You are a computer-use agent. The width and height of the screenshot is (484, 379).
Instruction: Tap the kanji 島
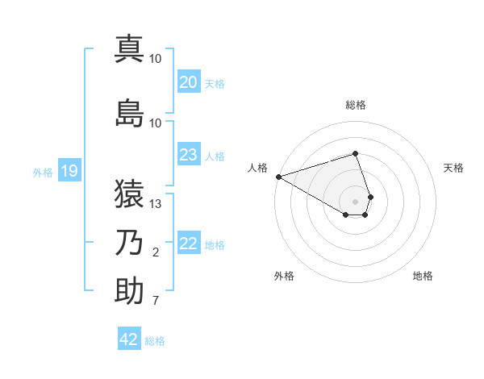129,114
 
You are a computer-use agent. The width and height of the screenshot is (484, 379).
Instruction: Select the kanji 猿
129,194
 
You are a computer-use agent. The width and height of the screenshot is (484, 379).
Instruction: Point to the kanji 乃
129,243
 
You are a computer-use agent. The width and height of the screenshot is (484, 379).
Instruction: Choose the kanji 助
129,291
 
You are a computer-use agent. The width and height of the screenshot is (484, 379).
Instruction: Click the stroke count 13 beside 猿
156,204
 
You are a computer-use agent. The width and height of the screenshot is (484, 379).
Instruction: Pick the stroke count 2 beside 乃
156,253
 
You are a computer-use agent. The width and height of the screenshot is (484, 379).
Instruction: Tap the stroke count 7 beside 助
156,302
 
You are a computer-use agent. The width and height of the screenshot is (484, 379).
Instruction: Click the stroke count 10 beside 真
156,59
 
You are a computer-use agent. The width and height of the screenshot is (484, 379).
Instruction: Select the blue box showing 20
188,82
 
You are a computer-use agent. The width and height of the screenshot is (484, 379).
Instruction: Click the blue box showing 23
188,155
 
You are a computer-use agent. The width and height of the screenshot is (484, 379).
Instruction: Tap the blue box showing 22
188,244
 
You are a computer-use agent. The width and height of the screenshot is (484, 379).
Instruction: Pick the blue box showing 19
69,171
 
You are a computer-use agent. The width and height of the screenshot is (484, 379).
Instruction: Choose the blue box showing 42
129,339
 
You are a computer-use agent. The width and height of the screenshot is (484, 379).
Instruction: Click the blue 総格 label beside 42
155,341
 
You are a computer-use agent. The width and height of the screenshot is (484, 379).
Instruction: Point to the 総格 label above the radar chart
356,105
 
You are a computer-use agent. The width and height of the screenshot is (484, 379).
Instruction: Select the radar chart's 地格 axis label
423,276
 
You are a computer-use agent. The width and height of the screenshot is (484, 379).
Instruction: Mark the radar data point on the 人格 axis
278,177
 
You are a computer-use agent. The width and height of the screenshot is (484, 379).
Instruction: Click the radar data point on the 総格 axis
356,153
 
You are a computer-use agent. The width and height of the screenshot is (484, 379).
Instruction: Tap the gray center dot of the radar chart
356,201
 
